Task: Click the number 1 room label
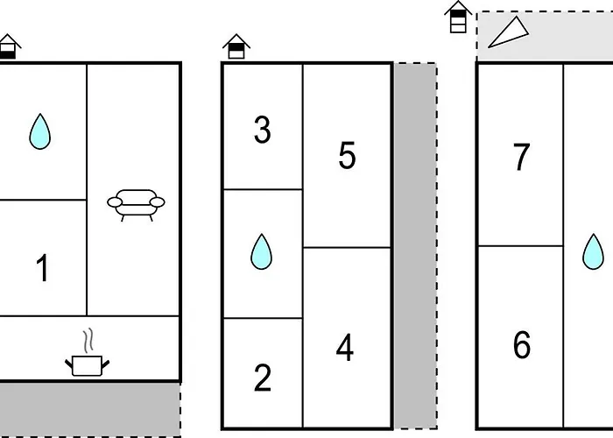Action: click(42, 269)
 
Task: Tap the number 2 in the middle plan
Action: click(262, 378)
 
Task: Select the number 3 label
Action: click(262, 131)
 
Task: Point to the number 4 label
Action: click(345, 349)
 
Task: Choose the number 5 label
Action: click(347, 156)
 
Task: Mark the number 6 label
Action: click(522, 345)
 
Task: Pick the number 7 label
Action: click(522, 158)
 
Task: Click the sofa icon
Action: click(136, 203)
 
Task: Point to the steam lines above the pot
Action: click(85, 340)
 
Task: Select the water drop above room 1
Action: click(39, 131)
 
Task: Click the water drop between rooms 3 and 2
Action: click(261, 251)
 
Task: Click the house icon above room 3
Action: click(236, 46)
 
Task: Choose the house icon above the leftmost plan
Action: click(9, 46)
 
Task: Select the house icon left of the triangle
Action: click(457, 18)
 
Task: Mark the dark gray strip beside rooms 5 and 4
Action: click(414, 245)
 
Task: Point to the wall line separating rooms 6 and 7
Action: click(520, 246)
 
